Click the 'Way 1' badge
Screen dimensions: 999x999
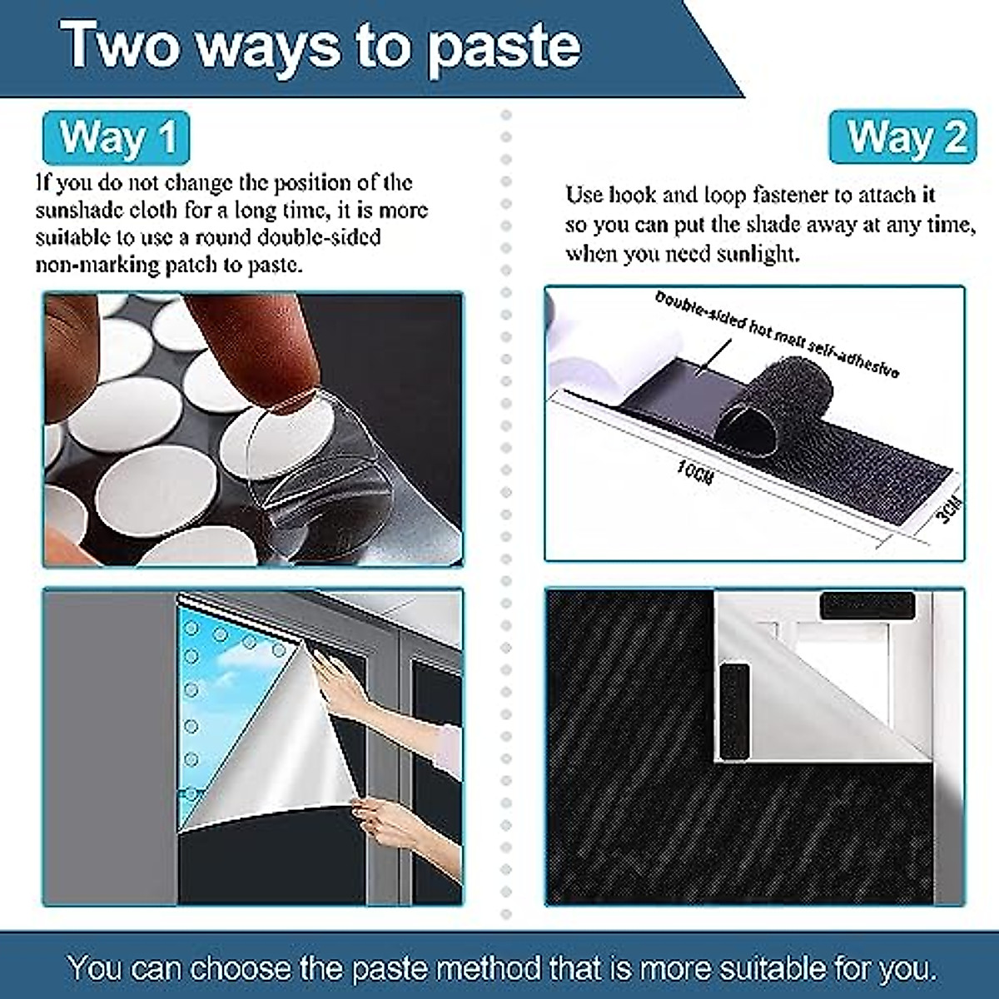(x=117, y=137)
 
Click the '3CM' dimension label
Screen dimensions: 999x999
(x=948, y=509)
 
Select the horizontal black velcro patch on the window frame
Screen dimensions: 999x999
(x=866, y=605)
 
